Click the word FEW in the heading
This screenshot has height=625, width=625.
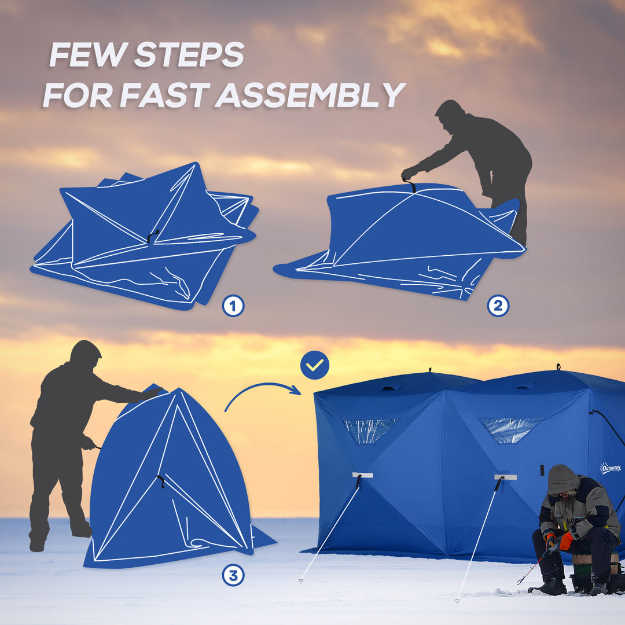(x=87, y=55)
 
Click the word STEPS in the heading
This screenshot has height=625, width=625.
(x=189, y=55)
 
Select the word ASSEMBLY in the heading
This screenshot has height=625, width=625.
(x=310, y=95)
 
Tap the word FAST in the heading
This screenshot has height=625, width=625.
(x=167, y=95)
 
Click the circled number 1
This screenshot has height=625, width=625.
(x=233, y=306)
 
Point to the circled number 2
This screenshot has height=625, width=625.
(x=498, y=305)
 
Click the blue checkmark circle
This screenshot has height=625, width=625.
(x=315, y=365)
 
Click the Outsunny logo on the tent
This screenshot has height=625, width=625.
(x=610, y=468)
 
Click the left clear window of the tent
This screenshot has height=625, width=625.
(x=369, y=430)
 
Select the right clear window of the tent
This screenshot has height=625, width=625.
(x=510, y=428)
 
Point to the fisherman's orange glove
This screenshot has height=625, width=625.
(x=565, y=541)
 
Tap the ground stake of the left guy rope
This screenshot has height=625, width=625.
(x=302, y=580)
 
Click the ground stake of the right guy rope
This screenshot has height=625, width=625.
(x=457, y=600)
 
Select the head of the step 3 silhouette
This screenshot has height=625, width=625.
(x=85, y=352)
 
